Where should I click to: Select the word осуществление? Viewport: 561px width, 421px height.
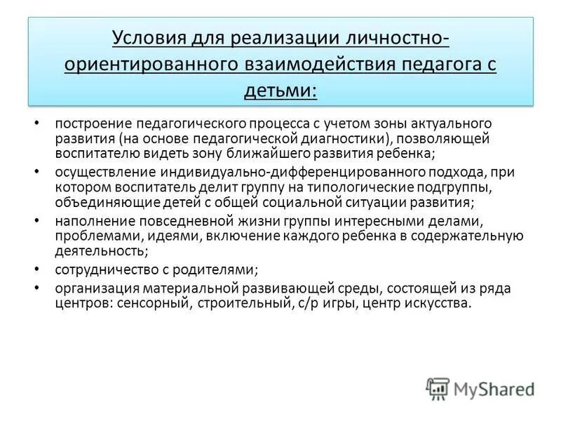pyautogui.click(x=97, y=173)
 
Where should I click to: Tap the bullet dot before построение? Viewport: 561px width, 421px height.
pyautogui.click(x=37, y=123)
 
